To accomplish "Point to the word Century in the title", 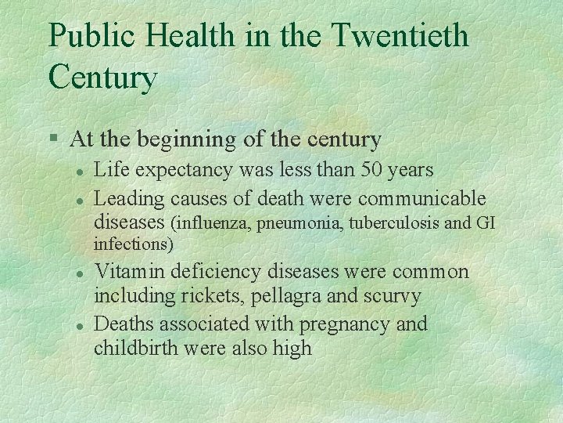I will (102, 78).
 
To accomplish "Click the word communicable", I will (422, 199).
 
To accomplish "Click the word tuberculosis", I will (394, 223).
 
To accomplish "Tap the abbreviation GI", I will (485, 223).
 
